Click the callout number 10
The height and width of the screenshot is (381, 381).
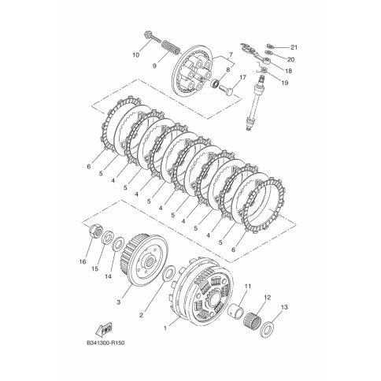[136, 55]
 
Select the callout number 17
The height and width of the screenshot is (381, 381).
[242, 78]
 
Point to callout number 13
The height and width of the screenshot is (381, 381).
[284, 307]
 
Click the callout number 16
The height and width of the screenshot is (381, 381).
[83, 261]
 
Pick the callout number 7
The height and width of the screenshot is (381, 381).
[231, 55]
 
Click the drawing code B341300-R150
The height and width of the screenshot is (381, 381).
[105, 343]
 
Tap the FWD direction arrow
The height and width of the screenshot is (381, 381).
[103, 329]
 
